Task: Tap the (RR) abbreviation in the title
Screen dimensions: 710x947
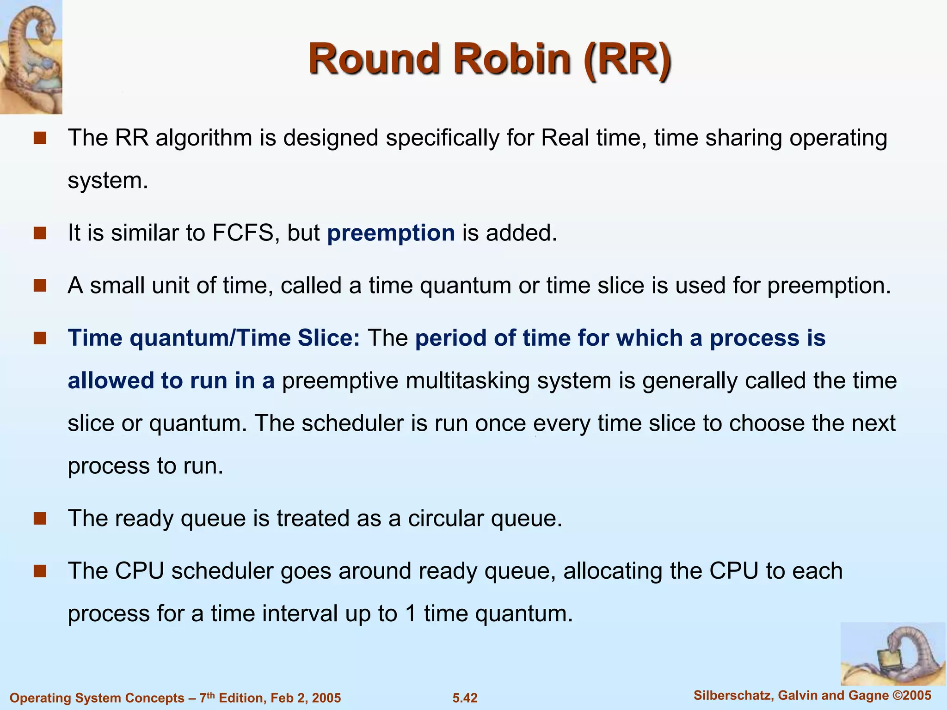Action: click(x=627, y=59)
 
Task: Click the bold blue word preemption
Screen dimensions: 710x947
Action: click(x=391, y=233)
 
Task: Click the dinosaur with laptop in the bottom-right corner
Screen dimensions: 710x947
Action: click(x=892, y=654)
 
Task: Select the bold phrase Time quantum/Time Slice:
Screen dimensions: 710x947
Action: click(x=214, y=338)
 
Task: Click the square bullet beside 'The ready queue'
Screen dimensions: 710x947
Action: click(x=40, y=519)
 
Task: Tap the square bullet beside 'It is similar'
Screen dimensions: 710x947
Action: click(x=40, y=233)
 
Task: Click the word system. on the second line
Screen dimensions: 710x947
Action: click(x=107, y=180)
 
